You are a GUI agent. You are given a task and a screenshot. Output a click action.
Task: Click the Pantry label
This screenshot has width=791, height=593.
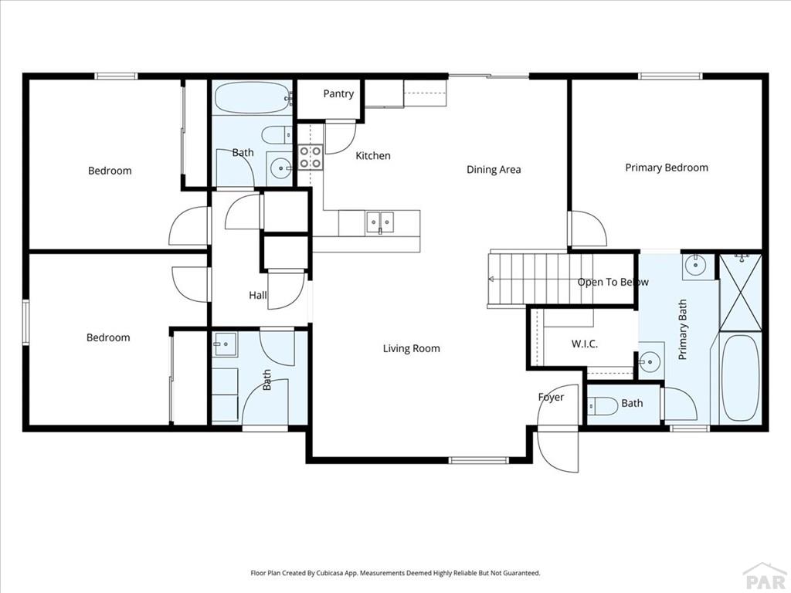338,94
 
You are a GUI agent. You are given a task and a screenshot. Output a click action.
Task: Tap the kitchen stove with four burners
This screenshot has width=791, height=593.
311,158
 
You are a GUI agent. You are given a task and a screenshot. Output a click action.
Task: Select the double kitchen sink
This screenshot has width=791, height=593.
379,222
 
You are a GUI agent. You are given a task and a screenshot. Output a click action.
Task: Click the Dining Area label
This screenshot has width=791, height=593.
494,170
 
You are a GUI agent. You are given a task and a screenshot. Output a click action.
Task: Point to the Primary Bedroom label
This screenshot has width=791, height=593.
666,168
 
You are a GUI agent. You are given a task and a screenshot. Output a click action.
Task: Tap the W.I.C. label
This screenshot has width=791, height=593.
584,344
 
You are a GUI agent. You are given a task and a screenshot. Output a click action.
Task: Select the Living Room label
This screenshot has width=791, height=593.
411,349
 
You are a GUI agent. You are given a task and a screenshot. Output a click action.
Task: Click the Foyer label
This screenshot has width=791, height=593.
551,398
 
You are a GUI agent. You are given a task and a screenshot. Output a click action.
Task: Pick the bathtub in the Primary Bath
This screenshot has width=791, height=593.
739,378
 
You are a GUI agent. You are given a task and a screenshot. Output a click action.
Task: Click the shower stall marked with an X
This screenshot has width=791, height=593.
740,291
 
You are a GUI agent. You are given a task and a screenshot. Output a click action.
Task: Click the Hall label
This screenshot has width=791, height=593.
258,295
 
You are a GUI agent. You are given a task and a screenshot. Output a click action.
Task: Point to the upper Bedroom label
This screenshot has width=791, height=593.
110,171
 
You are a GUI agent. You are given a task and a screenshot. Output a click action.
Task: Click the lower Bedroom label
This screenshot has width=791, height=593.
108,337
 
